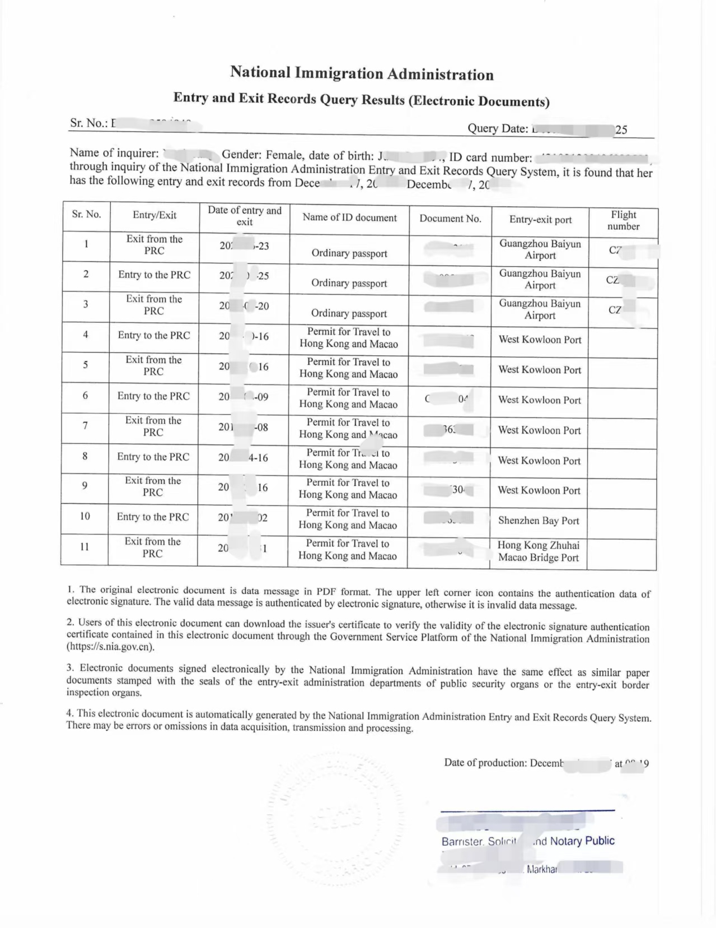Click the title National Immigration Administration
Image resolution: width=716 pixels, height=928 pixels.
[x=362, y=73]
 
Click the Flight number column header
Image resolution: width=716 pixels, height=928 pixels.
[x=623, y=220]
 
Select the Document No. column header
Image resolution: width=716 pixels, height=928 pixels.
[x=450, y=219]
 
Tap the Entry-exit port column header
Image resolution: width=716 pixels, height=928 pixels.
[x=540, y=220]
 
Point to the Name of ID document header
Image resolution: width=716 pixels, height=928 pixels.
[x=349, y=217]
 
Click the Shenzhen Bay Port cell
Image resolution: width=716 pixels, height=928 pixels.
[x=539, y=521]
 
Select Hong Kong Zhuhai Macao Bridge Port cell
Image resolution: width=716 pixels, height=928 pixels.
[x=539, y=551]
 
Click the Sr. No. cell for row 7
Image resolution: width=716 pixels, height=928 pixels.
[x=85, y=425]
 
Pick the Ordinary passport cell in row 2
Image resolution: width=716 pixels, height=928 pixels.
[x=349, y=283]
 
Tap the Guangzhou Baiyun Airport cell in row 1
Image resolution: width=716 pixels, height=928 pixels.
[x=540, y=249]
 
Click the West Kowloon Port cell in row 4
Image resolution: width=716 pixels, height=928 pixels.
[x=540, y=340]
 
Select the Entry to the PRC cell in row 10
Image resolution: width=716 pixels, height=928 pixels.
[x=153, y=517]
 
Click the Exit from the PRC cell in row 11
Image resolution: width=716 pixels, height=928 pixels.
[x=152, y=547]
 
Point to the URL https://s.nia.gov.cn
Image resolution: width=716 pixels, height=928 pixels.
[x=110, y=647]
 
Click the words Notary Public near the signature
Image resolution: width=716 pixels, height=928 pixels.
[x=582, y=841]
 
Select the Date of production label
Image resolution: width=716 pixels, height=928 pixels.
[x=485, y=763]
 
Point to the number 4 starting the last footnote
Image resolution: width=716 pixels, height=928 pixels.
[x=69, y=713]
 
